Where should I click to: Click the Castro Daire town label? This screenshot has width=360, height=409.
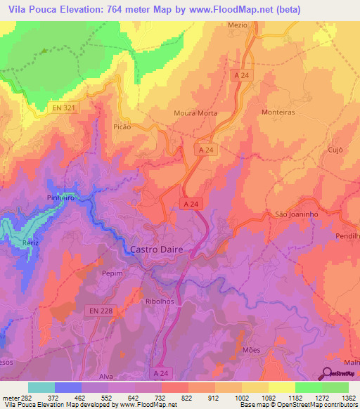coord(160,249)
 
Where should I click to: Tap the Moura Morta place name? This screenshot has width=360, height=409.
coord(195,113)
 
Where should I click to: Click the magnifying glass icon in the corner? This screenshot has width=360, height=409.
coord(328,373)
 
